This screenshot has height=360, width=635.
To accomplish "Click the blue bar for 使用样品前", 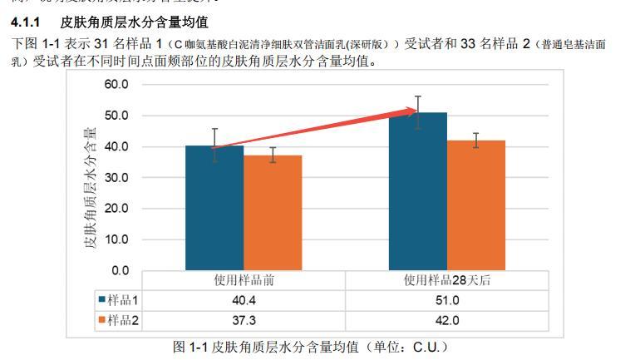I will tap(214, 208).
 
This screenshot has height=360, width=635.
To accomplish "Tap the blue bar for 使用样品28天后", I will tap(417, 191).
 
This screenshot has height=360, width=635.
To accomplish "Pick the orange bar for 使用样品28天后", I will tap(476, 205).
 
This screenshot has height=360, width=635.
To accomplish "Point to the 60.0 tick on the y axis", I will tap(117, 85).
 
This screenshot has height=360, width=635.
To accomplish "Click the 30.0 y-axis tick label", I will tap(117, 178).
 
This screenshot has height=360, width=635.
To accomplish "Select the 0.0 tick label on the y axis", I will tap(120, 270).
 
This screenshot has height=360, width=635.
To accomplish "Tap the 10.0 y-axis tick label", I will tap(117, 239).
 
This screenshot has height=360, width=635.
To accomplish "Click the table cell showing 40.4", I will tap(244, 300).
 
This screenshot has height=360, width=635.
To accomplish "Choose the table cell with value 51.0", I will tap(447, 300).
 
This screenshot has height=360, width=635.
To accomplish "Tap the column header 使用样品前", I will tap(244, 280).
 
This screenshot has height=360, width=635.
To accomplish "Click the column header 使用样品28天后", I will tap(447, 280).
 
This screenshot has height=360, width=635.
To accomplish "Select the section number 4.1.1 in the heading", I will tap(27, 22).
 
